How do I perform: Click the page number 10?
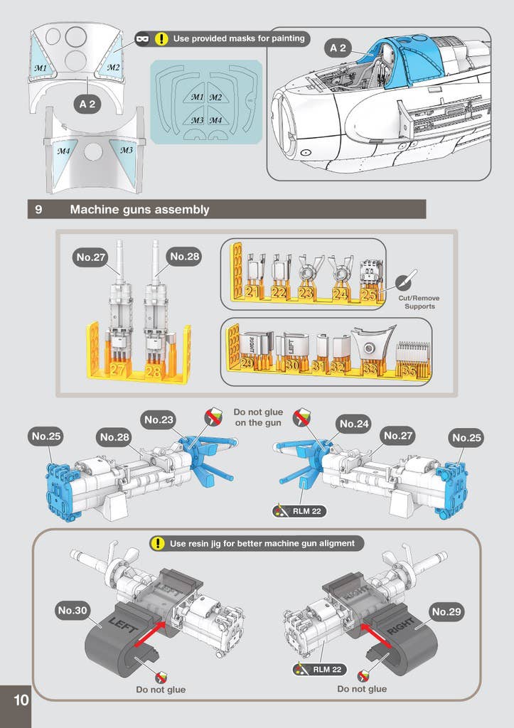click(21, 700)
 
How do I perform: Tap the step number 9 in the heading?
click(38, 210)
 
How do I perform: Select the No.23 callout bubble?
click(159, 420)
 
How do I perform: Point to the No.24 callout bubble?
click(354, 424)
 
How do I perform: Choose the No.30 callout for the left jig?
click(73, 611)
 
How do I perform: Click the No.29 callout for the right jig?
click(446, 612)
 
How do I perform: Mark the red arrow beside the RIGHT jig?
click(376, 635)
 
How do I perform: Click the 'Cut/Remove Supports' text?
click(419, 302)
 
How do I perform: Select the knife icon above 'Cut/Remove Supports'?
click(406, 280)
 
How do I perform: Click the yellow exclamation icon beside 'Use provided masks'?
click(161, 38)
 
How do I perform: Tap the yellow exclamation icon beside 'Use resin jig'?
click(158, 543)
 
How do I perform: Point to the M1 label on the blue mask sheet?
click(198, 97)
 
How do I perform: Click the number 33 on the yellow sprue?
click(370, 369)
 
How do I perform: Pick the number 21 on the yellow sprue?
click(252, 291)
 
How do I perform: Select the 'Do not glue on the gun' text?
click(258, 417)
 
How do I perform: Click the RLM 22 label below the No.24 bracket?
click(300, 511)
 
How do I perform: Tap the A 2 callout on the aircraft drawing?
click(338, 48)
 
